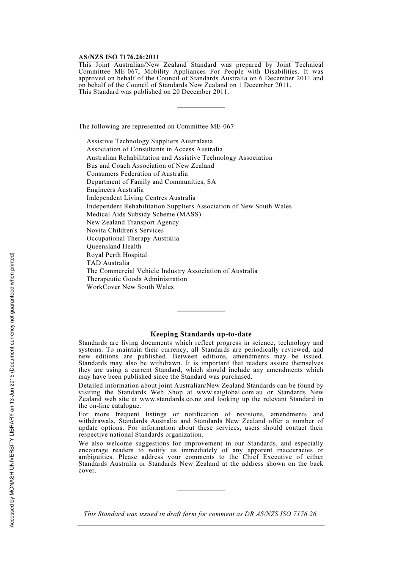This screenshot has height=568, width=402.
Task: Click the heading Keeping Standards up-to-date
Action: pos(201,334)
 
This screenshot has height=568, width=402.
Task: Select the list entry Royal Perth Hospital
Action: pos(117,255)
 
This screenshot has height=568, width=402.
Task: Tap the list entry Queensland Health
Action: pos(114,247)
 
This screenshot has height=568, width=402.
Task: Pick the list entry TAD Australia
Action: pos(108,263)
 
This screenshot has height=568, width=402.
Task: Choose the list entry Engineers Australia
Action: pos(115,190)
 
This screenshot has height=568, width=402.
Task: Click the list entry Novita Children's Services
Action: pos(125,231)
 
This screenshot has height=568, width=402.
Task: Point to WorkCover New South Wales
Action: pos(130,287)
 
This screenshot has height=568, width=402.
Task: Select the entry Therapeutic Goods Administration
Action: pos(137,279)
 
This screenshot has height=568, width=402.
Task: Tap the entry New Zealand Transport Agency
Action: pos(132,223)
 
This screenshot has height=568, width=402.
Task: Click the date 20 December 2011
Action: pos(200,92)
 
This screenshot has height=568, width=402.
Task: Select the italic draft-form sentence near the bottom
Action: pos(201,514)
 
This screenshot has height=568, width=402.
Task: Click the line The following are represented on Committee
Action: pos(157,126)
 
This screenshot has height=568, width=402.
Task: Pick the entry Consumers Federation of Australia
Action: pos(137,174)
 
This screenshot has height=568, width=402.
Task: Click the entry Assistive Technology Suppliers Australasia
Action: pos(149,142)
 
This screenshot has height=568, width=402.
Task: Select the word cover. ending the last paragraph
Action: pos(87,471)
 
